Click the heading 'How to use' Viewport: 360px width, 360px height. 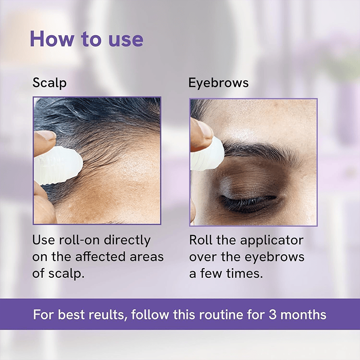(86, 39)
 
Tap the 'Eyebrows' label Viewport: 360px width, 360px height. (218, 83)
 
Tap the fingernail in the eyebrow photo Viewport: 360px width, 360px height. (203, 130)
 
